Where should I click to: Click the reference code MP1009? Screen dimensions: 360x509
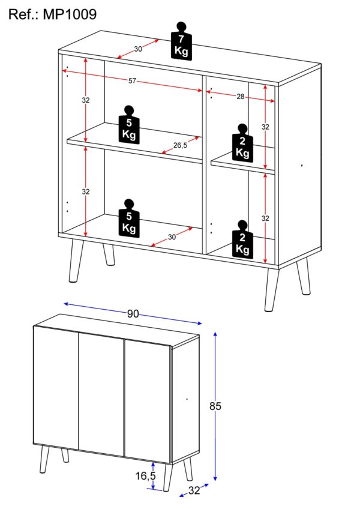pyautogui.click(x=70, y=14)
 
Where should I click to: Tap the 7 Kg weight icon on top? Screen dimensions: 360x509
pyautogui.click(x=181, y=41)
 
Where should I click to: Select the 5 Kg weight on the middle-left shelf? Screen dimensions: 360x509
pyautogui.click(x=129, y=124)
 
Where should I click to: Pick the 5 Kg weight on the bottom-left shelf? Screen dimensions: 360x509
pyautogui.click(x=129, y=218)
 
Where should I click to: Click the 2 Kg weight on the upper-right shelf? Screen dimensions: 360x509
pyautogui.click(x=242, y=142)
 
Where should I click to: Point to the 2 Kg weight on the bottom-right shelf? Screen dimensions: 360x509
pyautogui.click(x=242, y=239)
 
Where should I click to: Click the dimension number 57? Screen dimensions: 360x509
pyautogui.click(x=132, y=81)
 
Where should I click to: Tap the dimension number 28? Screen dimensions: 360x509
pyautogui.click(x=240, y=97)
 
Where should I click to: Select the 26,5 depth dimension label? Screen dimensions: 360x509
pyautogui.click(x=180, y=145)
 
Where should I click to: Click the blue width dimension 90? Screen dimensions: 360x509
pyautogui.click(x=133, y=314)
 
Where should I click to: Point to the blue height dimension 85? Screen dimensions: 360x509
pyautogui.click(x=215, y=406)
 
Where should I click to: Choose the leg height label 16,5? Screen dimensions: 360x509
pyautogui.click(x=145, y=476)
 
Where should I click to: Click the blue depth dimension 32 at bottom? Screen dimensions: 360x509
pyautogui.click(x=194, y=490)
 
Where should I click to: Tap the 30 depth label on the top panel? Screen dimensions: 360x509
pyautogui.click(x=138, y=49)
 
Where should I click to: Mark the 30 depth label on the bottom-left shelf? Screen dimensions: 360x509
pyautogui.click(x=172, y=237)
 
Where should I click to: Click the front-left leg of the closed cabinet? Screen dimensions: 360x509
pyautogui.click(x=44, y=459)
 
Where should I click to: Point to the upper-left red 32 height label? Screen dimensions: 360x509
pyautogui.click(x=85, y=100)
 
